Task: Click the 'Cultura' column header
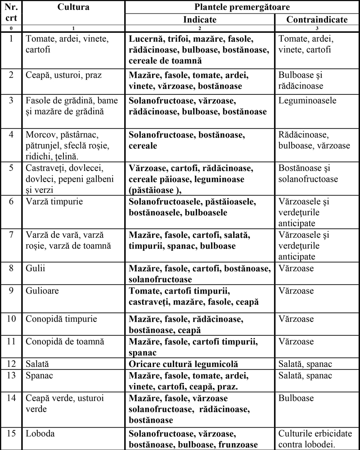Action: (73, 7)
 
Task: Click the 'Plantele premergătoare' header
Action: (242, 7)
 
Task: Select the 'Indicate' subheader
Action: (199, 20)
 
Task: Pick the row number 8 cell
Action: (10, 268)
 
